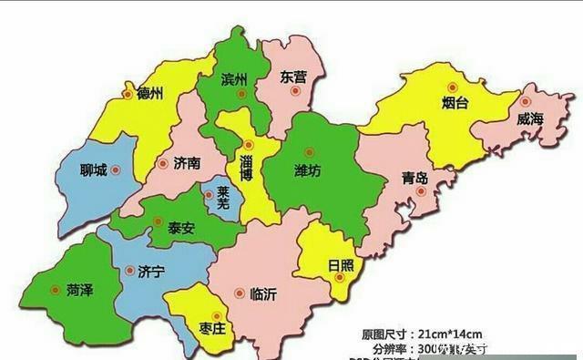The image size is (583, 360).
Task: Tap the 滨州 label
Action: pyautogui.click(x=235, y=80)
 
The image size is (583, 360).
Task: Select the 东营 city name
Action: pyautogui.click(x=294, y=76)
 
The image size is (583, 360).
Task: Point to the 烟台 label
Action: pyautogui.click(x=455, y=103)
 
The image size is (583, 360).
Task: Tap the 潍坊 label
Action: pyautogui.click(x=308, y=170)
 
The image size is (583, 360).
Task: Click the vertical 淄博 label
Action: pyautogui.click(x=246, y=169)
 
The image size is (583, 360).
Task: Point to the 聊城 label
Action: pyautogui.click(x=94, y=170)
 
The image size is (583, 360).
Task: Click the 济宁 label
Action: pyautogui.click(x=153, y=272)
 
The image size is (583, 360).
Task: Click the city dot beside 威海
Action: pyautogui.click(x=526, y=101)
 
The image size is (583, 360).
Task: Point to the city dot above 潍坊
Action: pyautogui.click(x=309, y=152)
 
